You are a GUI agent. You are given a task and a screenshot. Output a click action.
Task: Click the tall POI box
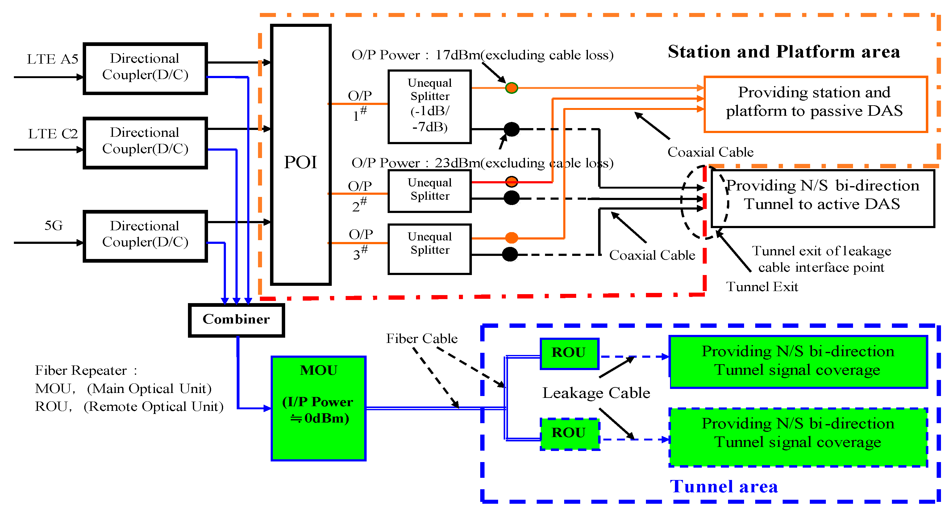pos(301,155)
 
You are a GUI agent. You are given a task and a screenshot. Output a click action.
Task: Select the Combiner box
pos(236,319)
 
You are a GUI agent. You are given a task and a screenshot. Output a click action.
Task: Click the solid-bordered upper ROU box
pos(569,353)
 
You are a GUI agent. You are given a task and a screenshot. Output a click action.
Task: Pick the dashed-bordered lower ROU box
pos(569,433)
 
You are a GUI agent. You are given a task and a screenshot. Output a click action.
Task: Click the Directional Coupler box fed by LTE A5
pos(145,68)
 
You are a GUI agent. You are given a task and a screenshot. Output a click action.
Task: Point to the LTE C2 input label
pos(53,134)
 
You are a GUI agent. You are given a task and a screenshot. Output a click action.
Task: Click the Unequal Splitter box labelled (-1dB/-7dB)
pos(430,106)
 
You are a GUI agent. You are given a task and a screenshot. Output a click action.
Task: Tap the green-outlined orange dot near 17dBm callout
pos(511,88)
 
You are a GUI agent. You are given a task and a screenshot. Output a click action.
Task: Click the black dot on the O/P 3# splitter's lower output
pos(510,254)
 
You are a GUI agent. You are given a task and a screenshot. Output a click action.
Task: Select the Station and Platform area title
pos(784,52)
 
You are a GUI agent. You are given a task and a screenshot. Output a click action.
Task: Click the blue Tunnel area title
pos(723,486)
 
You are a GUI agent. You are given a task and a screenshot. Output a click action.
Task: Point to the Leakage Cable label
pos(596,393)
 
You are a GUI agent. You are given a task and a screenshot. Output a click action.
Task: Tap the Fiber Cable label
pos(422,338)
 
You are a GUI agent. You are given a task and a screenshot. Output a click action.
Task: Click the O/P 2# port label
pos(360,195)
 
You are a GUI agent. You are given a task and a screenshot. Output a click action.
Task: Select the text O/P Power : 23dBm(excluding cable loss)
pos(482,163)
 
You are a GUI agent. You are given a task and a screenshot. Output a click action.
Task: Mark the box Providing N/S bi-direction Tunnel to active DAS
pos(822,198)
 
